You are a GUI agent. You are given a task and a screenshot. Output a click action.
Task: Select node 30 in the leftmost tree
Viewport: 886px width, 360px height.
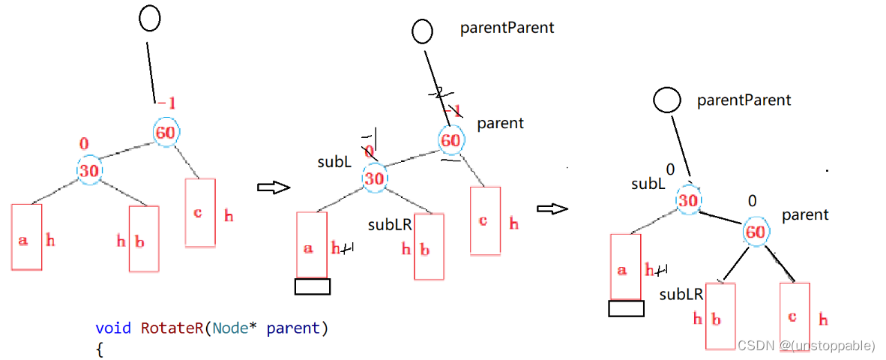(89, 170)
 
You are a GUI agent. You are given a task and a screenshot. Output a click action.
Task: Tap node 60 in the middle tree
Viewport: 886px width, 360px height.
(450, 140)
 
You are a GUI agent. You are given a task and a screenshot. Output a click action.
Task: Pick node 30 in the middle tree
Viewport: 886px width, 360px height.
(374, 178)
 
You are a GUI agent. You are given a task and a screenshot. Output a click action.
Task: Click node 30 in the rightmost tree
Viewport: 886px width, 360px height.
(687, 201)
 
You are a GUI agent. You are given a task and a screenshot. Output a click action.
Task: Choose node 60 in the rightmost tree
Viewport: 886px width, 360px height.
(756, 232)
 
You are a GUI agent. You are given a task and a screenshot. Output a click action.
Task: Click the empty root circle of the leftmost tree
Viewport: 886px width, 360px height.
(151, 19)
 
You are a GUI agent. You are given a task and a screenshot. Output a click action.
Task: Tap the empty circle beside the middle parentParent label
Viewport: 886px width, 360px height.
(423, 31)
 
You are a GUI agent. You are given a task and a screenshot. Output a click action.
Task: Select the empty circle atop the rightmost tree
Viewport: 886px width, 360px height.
(666, 100)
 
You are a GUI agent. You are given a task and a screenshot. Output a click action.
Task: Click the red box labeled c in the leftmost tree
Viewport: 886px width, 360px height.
(200, 213)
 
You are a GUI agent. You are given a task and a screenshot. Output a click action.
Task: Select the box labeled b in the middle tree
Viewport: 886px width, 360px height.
(430, 247)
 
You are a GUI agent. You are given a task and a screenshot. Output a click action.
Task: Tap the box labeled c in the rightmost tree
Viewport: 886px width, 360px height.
(795, 316)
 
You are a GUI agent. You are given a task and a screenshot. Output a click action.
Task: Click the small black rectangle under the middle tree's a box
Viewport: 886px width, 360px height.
(312, 286)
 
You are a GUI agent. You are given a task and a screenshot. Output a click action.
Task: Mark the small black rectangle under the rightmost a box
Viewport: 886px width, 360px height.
(626, 308)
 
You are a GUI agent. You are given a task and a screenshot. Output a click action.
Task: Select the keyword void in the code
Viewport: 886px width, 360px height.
(113, 328)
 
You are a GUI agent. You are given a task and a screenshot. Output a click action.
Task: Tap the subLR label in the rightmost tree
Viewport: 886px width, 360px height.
(681, 295)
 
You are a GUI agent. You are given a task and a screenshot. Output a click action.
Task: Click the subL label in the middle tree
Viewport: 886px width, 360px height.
(334, 162)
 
